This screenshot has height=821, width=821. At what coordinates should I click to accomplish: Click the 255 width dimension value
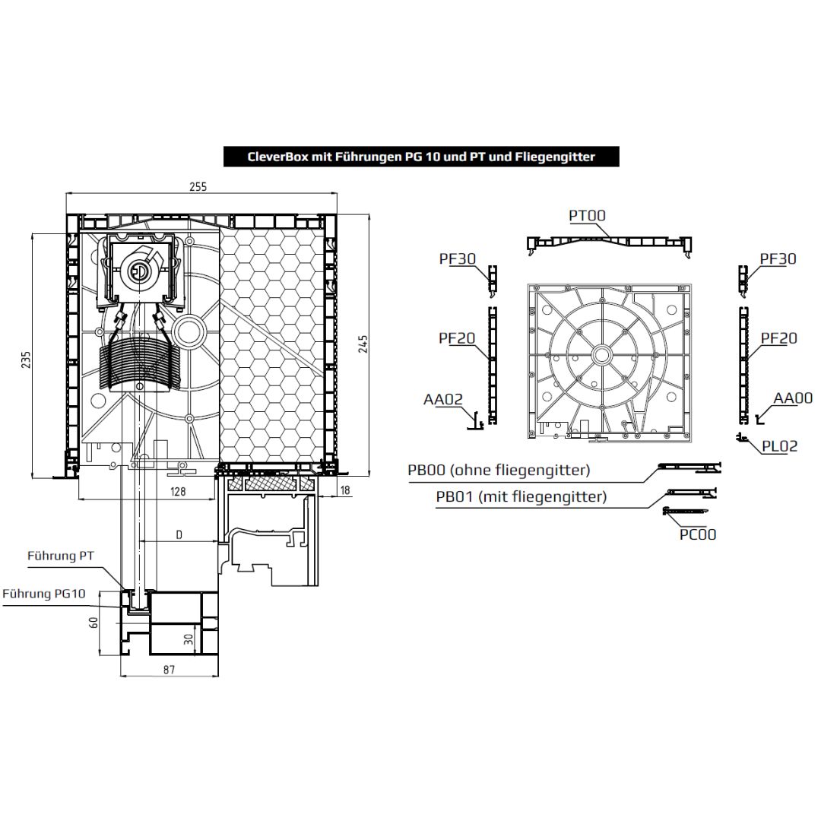198,187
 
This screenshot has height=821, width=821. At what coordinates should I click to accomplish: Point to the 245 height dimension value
363,344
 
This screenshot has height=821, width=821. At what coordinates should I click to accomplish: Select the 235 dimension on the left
26,360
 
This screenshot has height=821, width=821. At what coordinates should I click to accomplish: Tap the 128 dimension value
178,491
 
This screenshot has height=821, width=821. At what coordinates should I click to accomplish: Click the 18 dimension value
345,490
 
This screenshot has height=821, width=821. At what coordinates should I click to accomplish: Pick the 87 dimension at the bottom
169,670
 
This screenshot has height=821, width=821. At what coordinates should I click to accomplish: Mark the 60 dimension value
94,623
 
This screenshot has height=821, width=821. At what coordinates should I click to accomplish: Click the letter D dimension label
179,534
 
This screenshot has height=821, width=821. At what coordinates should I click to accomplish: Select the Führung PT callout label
61,556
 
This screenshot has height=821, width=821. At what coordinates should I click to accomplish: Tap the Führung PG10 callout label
44,594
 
